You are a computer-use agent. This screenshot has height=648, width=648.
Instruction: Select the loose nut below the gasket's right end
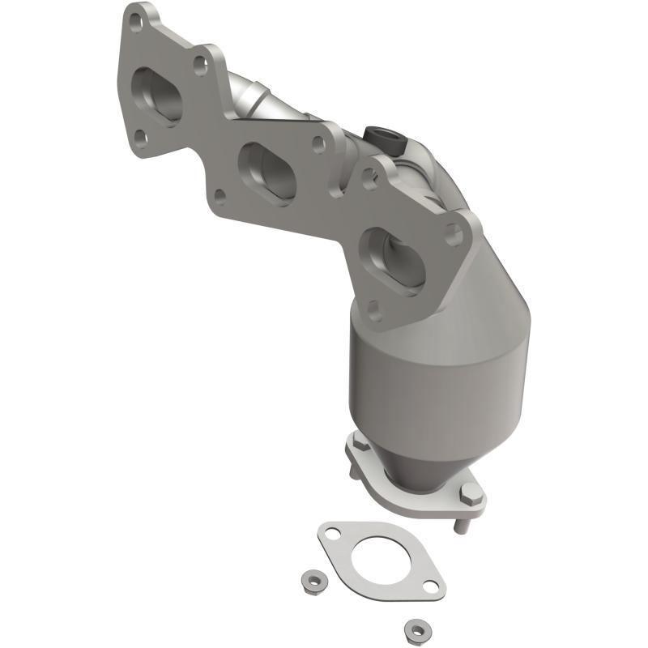416,628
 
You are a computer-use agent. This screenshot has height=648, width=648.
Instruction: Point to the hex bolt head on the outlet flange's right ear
467,491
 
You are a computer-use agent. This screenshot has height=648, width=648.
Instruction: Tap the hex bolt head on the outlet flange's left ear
357,444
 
